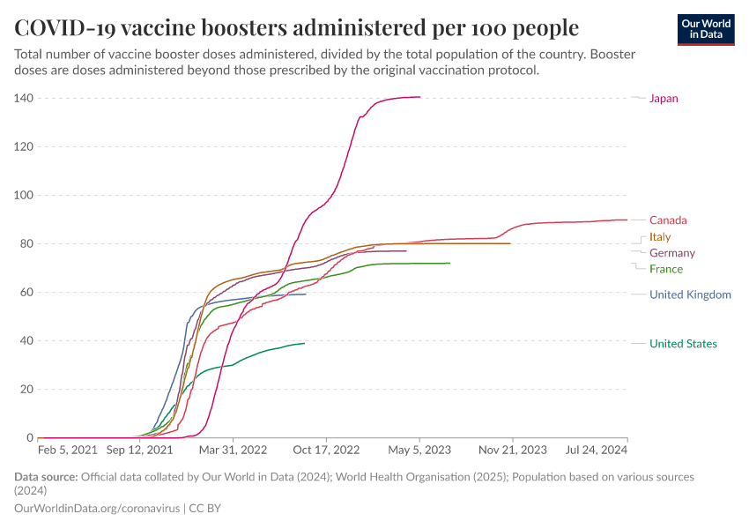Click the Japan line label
click(x=664, y=99)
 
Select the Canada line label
click(x=668, y=220)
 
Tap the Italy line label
click(x=660, y=237)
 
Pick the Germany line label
click(x=672, y=253)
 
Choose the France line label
click(x=665, y=269)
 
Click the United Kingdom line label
click(x=690, y=294)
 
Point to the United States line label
click(x=683, y=344)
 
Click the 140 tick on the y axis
click(x=23, y=98)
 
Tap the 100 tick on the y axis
click(x=23, y=195)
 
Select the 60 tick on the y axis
click(x=26, y=292)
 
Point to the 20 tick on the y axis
click(x=26, y=389)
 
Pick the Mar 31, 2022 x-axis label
click(x=234, y=450)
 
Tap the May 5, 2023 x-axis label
click(x=419, y=450)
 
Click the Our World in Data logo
click(x=706, y=29)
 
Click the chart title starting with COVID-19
click(x=296, y=26)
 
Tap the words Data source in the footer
click(x=46, y=477)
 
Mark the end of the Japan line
click(x=419, y=97)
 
